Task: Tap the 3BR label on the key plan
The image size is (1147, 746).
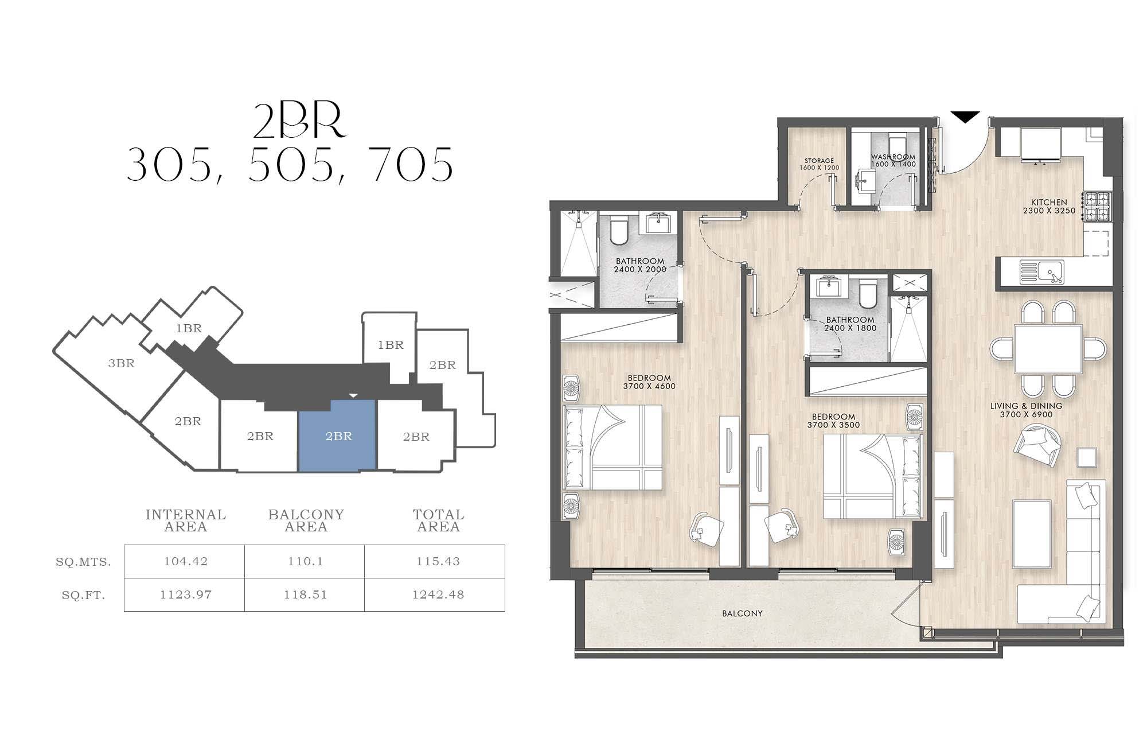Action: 122,363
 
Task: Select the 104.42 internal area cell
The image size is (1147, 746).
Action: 185,561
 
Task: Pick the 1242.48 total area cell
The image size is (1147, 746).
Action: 438,595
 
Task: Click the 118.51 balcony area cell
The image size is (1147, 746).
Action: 305,595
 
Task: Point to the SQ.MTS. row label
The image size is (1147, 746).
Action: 83,562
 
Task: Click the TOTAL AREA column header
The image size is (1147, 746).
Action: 439,520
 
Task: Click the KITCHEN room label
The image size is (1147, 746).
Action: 1049,202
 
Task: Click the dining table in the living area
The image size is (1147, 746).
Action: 1048,349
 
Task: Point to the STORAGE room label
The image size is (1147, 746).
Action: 819,161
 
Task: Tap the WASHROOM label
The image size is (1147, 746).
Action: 893,157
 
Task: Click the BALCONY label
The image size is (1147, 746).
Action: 742,613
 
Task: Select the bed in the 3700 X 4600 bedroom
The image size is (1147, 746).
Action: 612,448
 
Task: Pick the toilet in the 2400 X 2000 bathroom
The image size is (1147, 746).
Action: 619,230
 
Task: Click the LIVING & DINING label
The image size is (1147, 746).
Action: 1026,406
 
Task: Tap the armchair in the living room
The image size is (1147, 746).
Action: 1037,445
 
